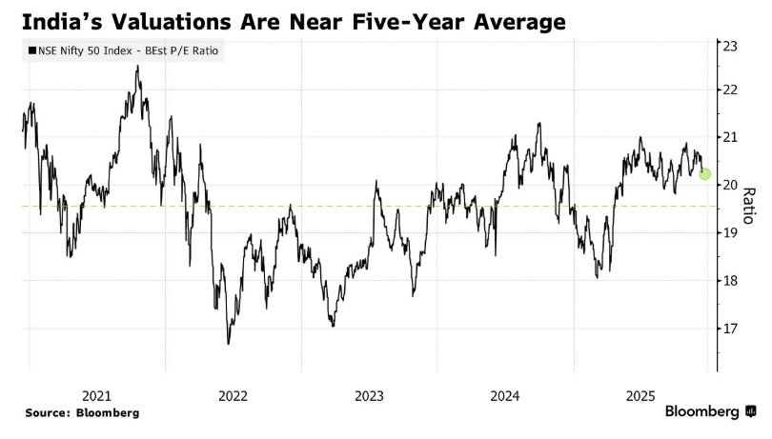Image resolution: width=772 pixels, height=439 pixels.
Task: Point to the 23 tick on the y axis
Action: tap(731, 45)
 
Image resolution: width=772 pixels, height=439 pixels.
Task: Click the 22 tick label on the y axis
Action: tap(731, 90)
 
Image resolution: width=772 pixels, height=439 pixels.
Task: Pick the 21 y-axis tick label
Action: tap(731, 137)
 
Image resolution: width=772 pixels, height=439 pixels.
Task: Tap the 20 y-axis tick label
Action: tap(731, 185)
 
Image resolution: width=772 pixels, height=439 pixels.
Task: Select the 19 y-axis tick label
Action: tap(731, 232)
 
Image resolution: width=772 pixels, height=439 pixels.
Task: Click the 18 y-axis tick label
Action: tap(731, 281)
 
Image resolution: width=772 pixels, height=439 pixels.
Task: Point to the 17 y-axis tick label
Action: tap(731, 329)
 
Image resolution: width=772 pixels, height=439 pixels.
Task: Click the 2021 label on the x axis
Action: tap(98, 395)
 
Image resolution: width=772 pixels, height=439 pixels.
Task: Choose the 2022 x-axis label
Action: tap(234, 395)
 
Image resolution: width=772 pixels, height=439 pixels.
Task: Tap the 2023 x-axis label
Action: tap(369, 395)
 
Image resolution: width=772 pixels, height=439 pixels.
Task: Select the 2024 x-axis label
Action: tap(505, 395)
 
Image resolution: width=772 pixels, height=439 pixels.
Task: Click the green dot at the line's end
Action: tap(704, 173)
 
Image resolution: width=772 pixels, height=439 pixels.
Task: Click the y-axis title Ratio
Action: tap(749, 202)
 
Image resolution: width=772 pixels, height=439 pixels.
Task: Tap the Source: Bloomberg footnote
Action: tap(82, 413)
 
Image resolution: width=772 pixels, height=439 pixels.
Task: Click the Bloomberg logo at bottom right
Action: tap(710, 412)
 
